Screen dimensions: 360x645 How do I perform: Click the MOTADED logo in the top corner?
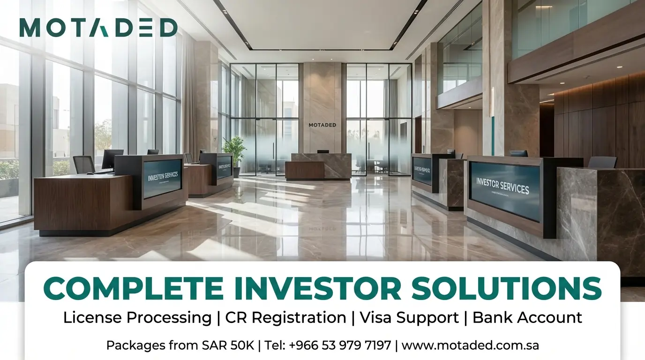coord(98,28)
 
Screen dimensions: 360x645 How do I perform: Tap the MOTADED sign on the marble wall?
coord(322,125)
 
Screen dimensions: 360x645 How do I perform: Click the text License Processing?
coord(137,317)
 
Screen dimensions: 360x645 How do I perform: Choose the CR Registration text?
coord(285,317)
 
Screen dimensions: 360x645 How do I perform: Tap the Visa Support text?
coord(409,317)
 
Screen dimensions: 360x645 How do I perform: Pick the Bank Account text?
coord(527,317)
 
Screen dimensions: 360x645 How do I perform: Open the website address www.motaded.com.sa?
coord(470,346)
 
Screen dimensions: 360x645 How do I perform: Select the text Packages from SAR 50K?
coord(180,346)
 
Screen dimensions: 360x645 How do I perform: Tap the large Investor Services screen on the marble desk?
coord(504,190)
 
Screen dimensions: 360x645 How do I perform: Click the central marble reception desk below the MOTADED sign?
coord(318,166)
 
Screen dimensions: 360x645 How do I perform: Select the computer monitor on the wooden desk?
coord(112,159)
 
